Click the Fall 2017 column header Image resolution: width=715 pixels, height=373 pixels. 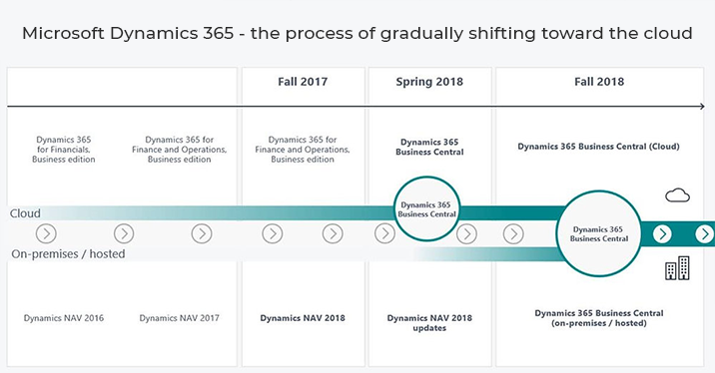[302, 83]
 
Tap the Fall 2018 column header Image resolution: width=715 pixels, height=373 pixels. [598, 83]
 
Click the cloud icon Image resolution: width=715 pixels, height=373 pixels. [678, 194]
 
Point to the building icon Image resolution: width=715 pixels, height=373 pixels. [677, 268]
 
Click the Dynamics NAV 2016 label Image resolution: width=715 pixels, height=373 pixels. [64, 318]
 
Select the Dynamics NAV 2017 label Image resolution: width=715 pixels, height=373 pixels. [180, 318]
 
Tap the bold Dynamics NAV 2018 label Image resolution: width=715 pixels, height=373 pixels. [302, 318]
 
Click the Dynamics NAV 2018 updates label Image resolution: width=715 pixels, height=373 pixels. [430, 323]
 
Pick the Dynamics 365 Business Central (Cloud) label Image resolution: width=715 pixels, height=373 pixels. [598, 146]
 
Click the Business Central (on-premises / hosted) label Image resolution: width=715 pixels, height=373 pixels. [599, 318]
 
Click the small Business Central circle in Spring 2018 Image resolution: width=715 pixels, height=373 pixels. [427, 207]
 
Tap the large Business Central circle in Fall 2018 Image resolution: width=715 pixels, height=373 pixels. [599, 233]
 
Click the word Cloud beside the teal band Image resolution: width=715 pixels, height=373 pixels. [25, 213]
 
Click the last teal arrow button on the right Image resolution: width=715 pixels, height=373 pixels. [704, 233]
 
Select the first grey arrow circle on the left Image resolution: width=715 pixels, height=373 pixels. [46, 233]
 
